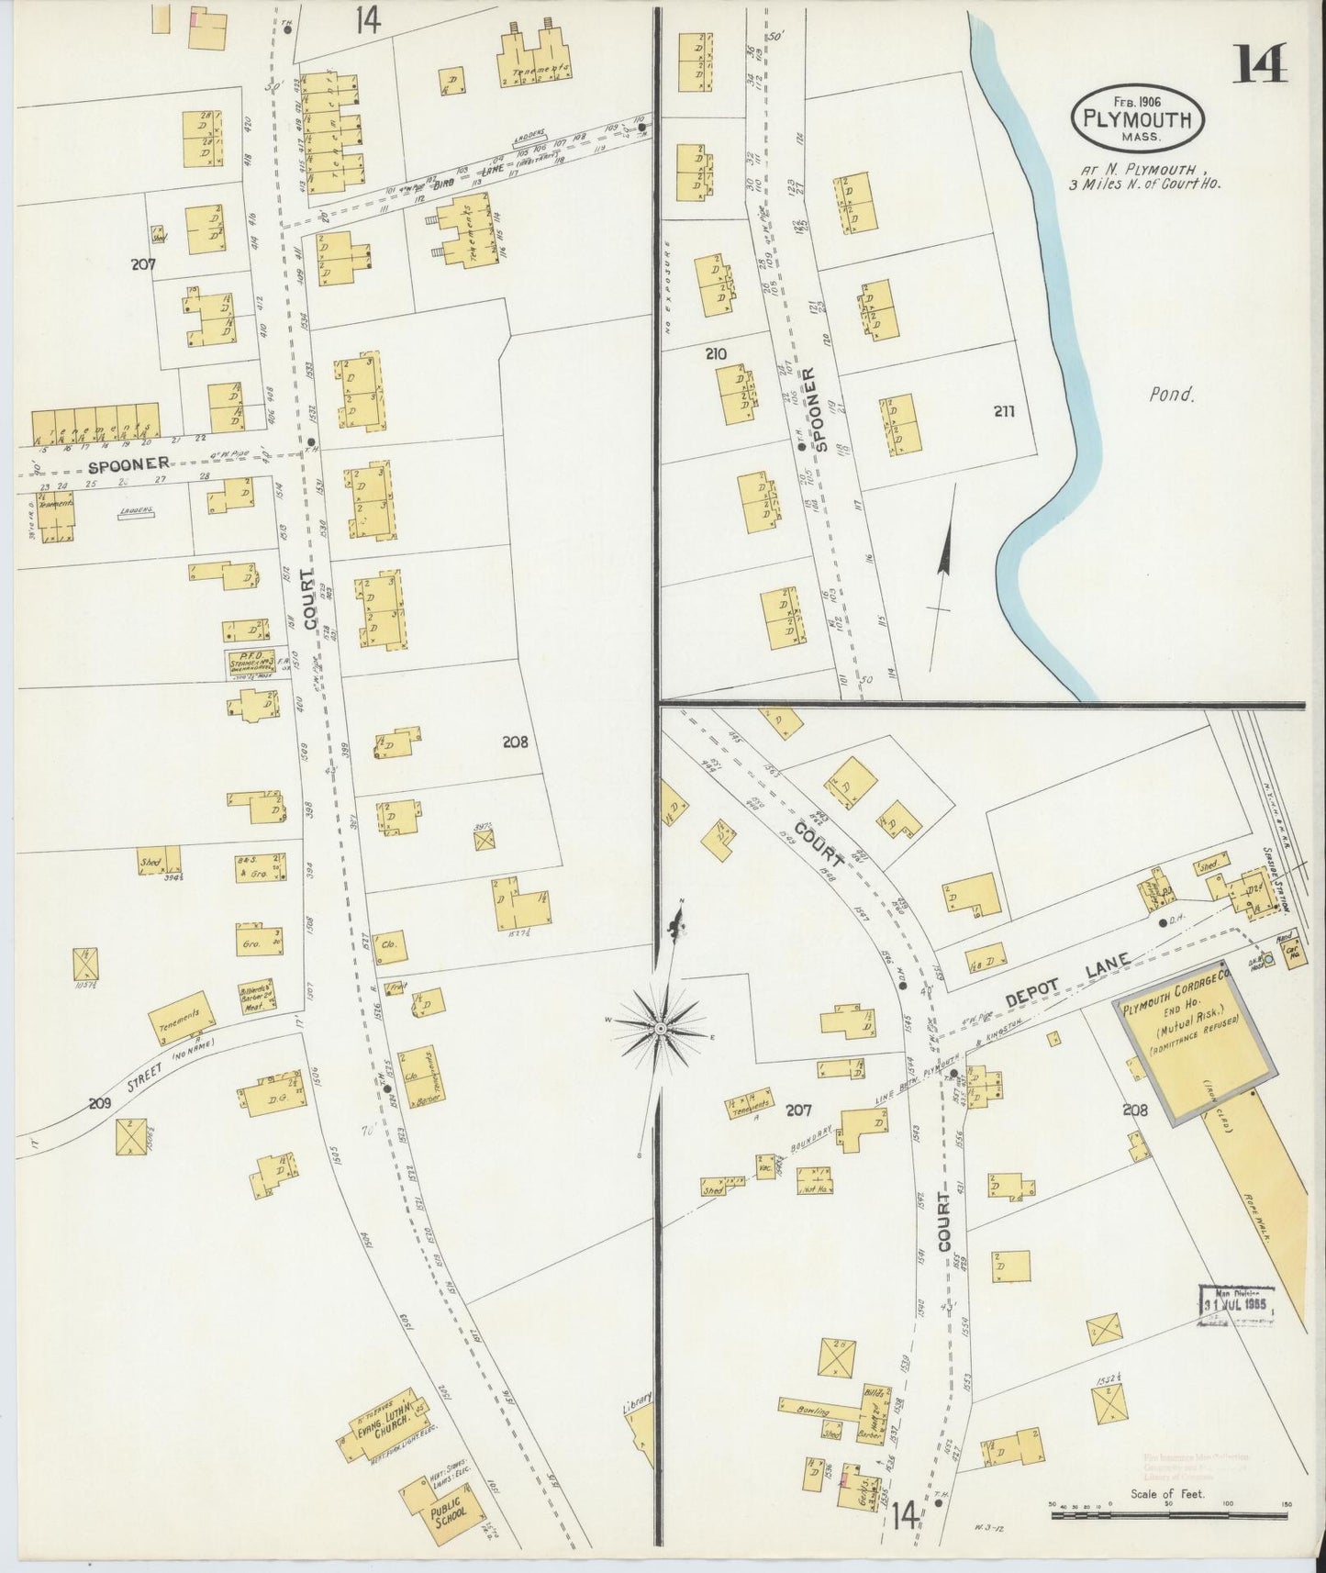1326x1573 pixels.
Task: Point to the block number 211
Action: (x=1003, y=412)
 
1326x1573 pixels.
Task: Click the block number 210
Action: (x=717, y=353)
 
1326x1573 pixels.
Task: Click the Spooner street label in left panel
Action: (x=128, y=463)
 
